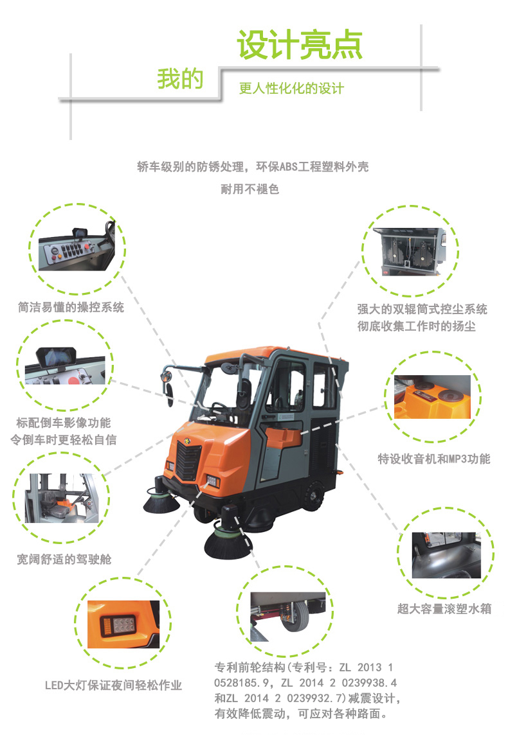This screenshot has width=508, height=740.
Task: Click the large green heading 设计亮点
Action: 300,45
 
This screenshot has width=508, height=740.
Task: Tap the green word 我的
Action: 180,79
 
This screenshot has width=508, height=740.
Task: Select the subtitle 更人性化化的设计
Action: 291,88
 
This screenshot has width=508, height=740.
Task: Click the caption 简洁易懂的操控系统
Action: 71,307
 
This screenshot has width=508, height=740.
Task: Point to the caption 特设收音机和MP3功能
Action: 434,459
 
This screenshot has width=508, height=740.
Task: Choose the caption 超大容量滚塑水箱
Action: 444,609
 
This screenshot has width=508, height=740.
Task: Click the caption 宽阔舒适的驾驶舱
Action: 64,559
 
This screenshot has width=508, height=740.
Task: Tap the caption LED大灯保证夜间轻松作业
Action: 113,685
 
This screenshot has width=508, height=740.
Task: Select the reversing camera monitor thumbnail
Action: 65,366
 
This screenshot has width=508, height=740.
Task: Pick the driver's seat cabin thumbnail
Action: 62,498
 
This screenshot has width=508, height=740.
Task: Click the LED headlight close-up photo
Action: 123,624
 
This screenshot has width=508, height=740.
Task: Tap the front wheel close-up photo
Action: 288,617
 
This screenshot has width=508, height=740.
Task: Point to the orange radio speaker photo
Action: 432,397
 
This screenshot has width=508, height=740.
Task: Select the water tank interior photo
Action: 446,556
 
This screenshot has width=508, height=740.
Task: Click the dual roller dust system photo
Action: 410,252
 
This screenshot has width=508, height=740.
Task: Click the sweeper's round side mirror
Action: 166,376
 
